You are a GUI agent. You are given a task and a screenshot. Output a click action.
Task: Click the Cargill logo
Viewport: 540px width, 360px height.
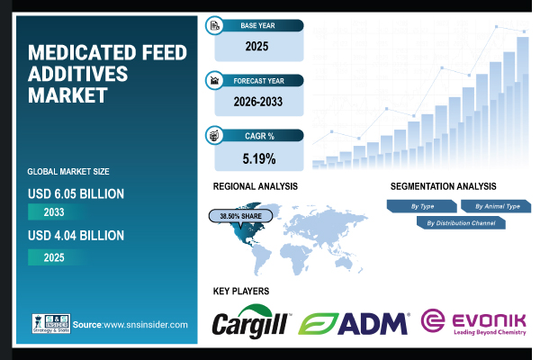(251, 323)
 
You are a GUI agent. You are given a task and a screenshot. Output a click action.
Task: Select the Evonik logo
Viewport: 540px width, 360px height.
(474, 322)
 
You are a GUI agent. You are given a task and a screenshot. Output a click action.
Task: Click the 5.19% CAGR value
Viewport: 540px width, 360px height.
(257, 159)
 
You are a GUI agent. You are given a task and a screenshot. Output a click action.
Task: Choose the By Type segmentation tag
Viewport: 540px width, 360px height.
(422, 206)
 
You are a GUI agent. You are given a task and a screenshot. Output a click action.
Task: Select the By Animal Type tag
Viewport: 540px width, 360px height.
(496, 206)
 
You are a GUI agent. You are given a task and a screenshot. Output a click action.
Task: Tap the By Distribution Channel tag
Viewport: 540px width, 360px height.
(460, 222)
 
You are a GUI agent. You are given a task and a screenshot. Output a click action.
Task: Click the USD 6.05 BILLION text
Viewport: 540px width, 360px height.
(76, 193)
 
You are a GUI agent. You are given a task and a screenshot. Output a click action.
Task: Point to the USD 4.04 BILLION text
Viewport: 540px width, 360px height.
(76, 236)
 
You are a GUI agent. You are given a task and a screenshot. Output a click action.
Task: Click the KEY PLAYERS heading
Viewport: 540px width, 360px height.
(241, 292)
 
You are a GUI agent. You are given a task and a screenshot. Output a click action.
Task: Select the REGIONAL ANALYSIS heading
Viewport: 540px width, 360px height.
(256, 186)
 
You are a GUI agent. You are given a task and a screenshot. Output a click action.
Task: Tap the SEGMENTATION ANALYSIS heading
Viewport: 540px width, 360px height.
(444, 186)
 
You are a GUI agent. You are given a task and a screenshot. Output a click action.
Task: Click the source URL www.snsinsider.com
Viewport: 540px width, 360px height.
(143, 324)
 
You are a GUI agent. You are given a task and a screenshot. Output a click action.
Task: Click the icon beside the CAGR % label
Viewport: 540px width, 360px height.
(215, 136)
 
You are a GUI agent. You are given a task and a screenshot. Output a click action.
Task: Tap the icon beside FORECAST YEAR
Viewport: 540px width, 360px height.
(215, 79)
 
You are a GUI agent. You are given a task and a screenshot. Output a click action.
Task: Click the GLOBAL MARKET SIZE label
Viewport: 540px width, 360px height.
(69, 171)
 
